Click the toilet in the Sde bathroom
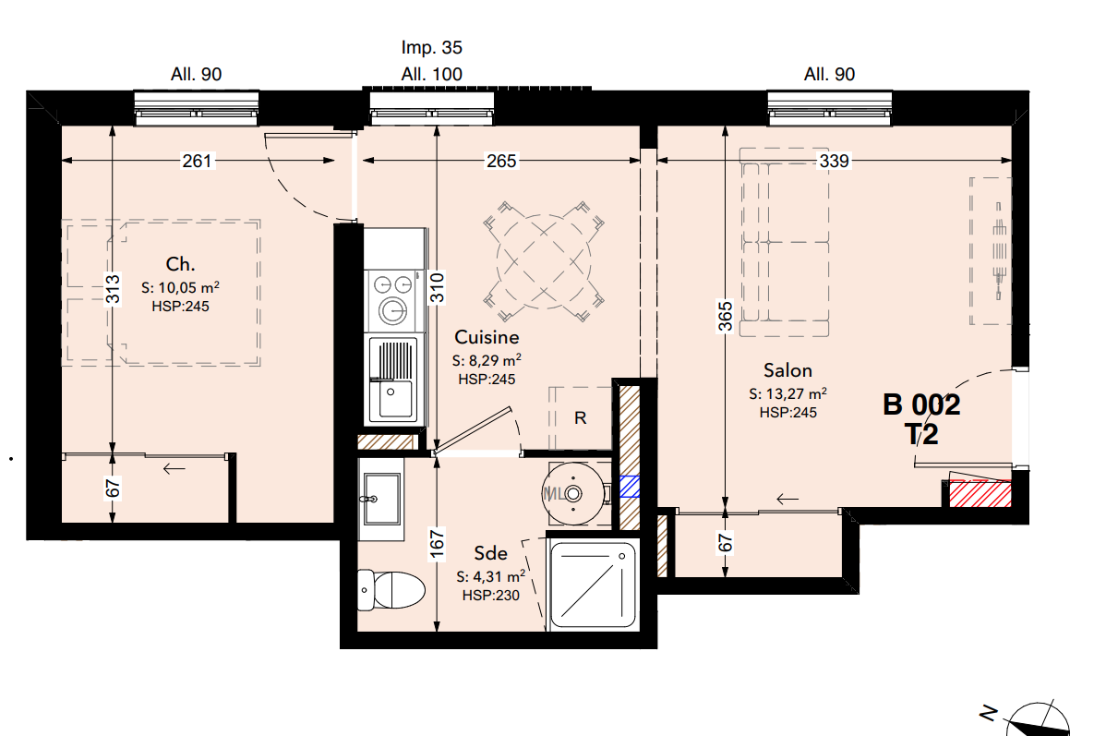click(x=391, y=589)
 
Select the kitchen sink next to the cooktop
click(x=395, y=380)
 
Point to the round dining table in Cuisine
click(x=544, y=262)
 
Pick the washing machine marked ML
click(x=573, y=493)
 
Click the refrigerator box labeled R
click(x=580, y=418)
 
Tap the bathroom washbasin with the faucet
click(x=381, y=498)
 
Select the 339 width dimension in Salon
click(x=834, y=162)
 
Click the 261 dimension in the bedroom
click(x=197, y=162)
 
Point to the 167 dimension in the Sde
click(x=437, y=544)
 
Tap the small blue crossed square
click(x=630, y=487)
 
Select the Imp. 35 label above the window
click(x=432, y=47)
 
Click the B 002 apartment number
click(x=921, y=404)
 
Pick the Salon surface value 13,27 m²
click(x=788, y=393)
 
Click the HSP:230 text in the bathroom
click(x=491, y=596)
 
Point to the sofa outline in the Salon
click(x=784, y=242)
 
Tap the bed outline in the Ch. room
click(x=162, y=293)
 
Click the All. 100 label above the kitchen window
click(x=432, y=74)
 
